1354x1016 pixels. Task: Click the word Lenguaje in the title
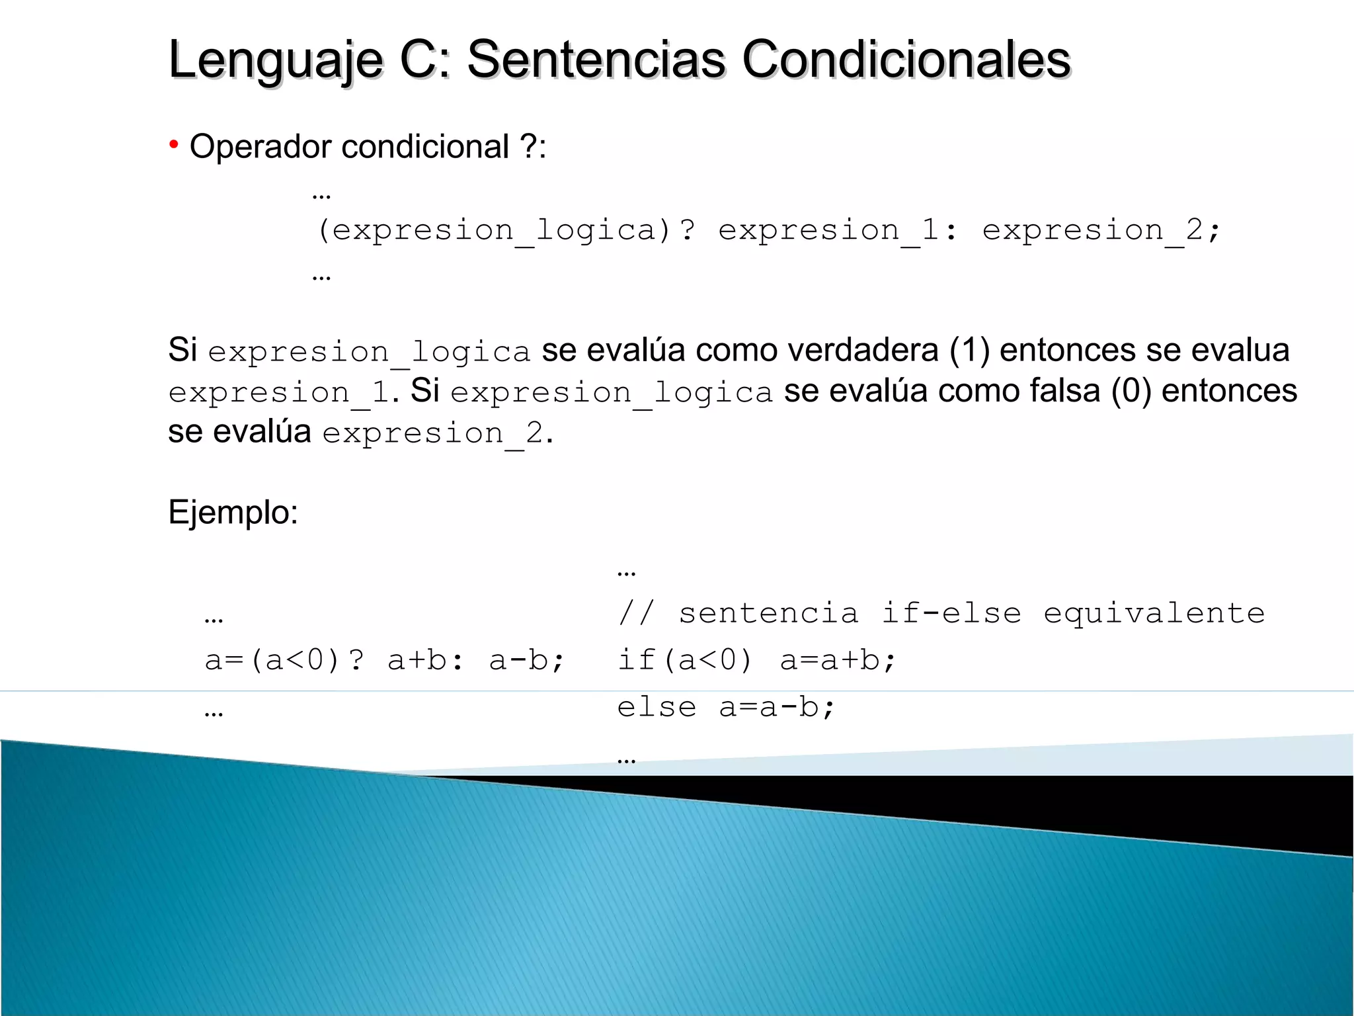pyautogui.click(x=276, y=60)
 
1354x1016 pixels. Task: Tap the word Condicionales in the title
pyautogui.click(x=906, y=60)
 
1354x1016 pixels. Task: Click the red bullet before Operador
pyautogui.click(x=173, y=144)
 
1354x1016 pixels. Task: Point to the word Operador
pyautogui.click(x=260, y=146)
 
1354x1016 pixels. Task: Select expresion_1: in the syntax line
pyautogui.click(x=837, y=230)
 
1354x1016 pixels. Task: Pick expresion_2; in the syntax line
pyautogui.click(x=1101, y=230)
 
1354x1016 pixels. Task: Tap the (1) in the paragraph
pyautogui.click(x=969, y=350)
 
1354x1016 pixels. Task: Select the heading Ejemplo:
pyautogui.click(x=233, y=513)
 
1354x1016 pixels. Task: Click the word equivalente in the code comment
pyautogui.click(x=1154, y=613)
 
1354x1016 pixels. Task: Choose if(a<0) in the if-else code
pyautogui.click(x=684, y=660)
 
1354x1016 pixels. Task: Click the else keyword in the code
pyautogui.click(x=657, y=707)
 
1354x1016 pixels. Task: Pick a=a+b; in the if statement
pyautogui.click(x=838, y=660)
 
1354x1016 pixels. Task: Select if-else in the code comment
pyautogui.click(x=951, y=613)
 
